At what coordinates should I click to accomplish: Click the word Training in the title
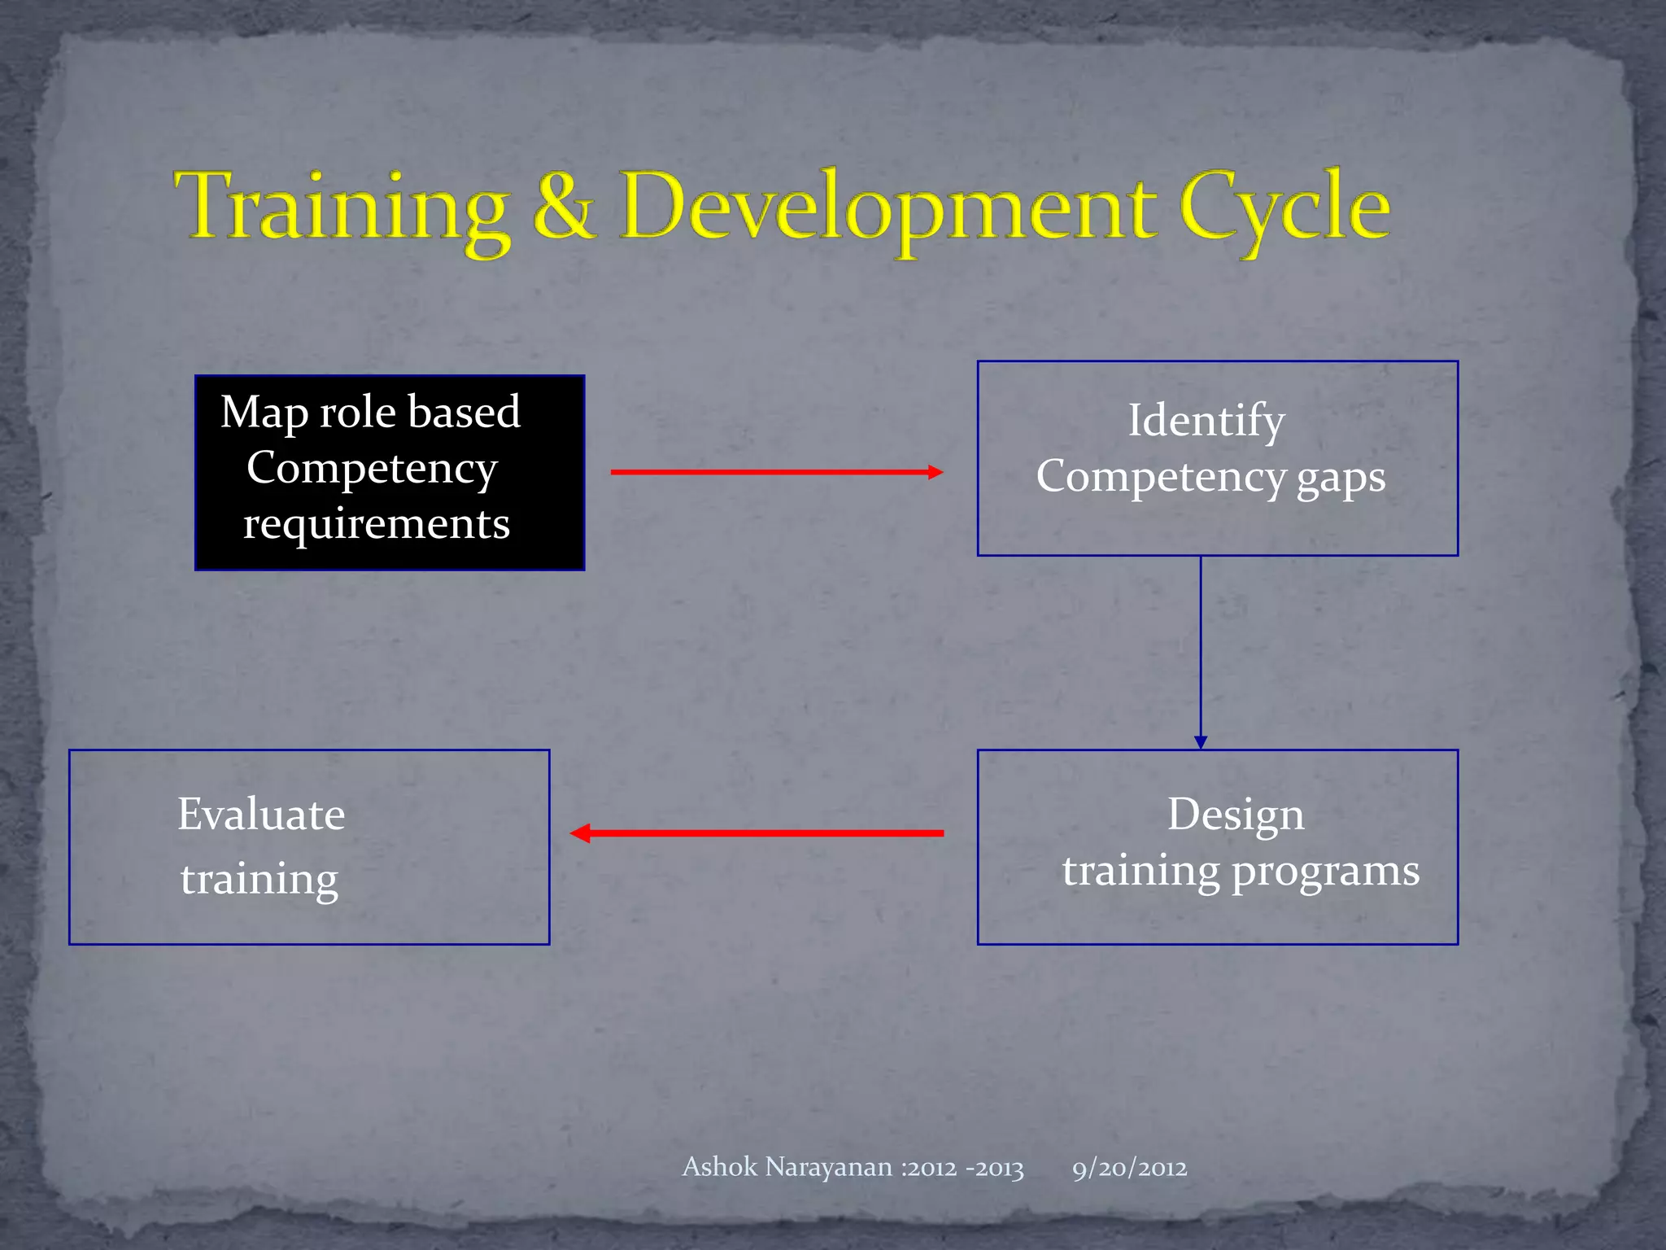pos(342,208)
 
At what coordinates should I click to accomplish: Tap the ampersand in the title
pos(564,208)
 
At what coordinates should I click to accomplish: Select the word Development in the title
pos(888,208)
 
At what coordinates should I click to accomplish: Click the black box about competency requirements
pos(390,473)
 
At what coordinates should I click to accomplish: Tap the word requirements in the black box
pos(377,523)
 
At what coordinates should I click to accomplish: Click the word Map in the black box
pos(264,412)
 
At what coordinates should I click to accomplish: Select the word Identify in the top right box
pos(1206,422)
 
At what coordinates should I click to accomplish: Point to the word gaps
pos(1341,477)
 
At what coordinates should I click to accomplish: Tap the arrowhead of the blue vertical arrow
pos(1201,741)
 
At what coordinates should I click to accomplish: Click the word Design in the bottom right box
pos(1235,815)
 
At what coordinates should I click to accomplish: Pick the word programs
pos(1326,872)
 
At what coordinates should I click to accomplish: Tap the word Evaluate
pos(261,815)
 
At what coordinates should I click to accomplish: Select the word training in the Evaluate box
pos(259,880)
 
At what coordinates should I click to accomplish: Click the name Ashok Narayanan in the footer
pos(787,1167)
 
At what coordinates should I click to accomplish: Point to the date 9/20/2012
pos(1129,1169)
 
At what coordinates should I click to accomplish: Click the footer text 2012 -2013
pos(965,1169)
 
